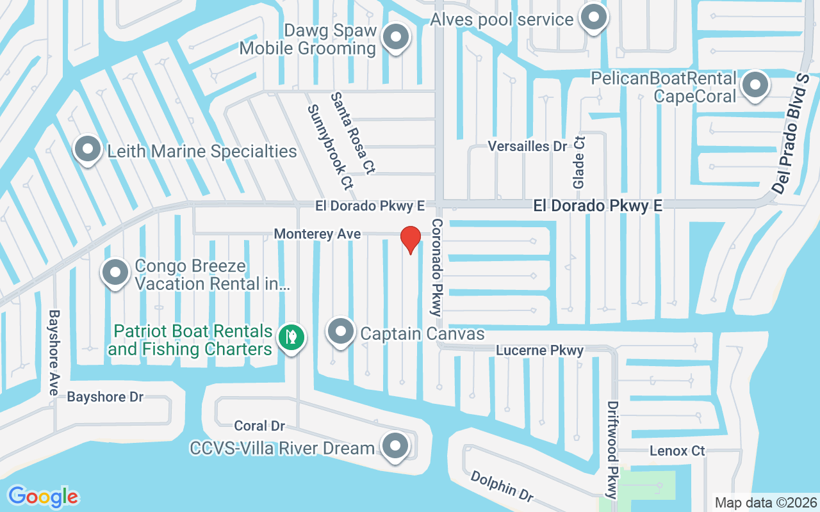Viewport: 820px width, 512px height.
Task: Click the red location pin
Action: (410, 239)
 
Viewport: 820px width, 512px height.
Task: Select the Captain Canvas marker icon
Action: (341, 332)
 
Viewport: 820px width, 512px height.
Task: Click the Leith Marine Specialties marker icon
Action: (87, 150)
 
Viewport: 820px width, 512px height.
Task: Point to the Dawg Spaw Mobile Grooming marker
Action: (395, 37)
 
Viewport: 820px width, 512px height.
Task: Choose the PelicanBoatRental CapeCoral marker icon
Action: (755, 84)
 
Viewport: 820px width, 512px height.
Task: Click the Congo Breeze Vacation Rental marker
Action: (115, 273)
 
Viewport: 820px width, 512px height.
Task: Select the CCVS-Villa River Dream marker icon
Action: (395, 445)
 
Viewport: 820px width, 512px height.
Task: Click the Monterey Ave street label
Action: (317, 234)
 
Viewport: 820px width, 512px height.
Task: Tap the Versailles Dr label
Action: (527, 146)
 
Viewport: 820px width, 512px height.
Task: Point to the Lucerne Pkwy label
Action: (540, 350)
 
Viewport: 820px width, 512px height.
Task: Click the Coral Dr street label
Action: (259, 426)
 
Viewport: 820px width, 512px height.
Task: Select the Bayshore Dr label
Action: (105, 397)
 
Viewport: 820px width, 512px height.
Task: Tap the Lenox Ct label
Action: (677, 451)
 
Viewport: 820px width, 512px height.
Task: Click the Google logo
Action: (43, 497)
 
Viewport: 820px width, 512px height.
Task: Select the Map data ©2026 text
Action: (766, 503)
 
